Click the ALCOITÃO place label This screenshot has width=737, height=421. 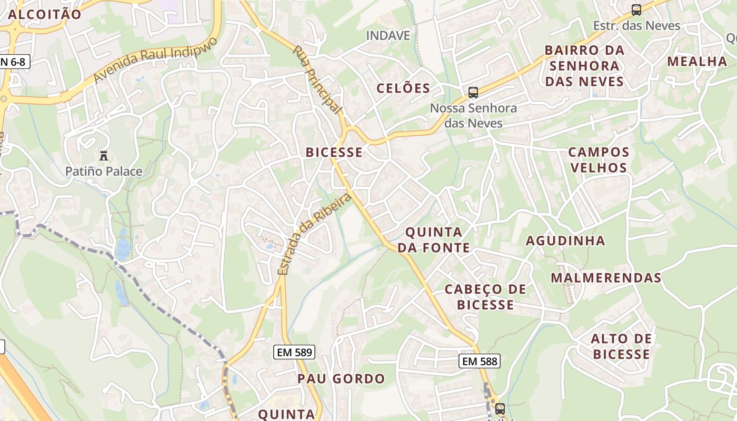pyautogui.click(x=45, y=14)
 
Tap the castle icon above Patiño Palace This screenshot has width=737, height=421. pyautogui.click(x=104, y=156)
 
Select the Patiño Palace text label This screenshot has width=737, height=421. pyautogui.click(x=104, y=171)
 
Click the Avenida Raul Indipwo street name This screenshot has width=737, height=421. pyautogui.click(x=155, y=59)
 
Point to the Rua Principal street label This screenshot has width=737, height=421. pyautogui.click(x=317, y=79)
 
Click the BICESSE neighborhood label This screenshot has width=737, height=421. pyautogui.click(x=334, y=153)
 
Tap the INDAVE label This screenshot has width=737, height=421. pyautogui.click(x=388, y=36)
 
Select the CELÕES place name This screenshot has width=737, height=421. pyautogui.click(x=403, y=88)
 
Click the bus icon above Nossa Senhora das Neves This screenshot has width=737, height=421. pyautogui.click(x=473, y=93)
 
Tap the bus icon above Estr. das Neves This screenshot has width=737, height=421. pyautogui.click(x=636, y=10)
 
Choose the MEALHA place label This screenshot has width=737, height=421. pyautogui.click(x=697, y=62)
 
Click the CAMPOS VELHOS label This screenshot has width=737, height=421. pyautogui.click(x=599, y=160)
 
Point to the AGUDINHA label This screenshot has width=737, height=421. pyautogui.click(x=566, y=241)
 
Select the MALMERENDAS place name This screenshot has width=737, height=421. pyautogui.click(x=606, y=278)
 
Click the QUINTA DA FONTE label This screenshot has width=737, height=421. pyautogui.click(x=434, y=239)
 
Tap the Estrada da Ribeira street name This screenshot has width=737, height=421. pyautogui.click(x=314, y=234)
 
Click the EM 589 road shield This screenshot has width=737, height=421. pyautogui.click(x=294, y=352)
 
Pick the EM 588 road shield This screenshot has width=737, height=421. pyautogui.click(x=479, y=361)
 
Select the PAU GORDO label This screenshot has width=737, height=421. pyautogui.click(x=341, y=379)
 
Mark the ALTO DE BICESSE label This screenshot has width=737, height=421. pyautogui.click(x=621, y=346)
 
